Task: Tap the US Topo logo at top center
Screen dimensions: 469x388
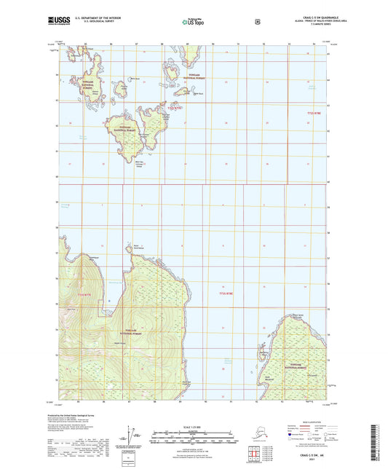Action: [193, 23]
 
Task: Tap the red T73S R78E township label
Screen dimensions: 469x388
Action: [228, 293]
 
